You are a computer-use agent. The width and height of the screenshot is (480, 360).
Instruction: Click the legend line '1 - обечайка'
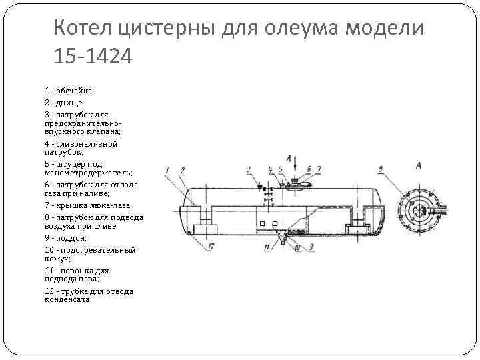click(69, 90)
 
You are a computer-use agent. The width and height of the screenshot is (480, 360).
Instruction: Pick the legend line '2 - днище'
click(64, 103)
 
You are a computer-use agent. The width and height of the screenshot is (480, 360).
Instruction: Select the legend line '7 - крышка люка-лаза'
click(88, 205)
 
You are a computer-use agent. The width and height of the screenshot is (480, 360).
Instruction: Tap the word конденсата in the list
click(67, 299)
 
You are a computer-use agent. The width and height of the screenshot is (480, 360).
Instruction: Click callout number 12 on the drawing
click(211, 247)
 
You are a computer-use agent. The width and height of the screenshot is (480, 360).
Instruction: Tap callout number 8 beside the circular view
click(380, 169)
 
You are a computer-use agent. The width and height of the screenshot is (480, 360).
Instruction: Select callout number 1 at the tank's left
click(167, 169)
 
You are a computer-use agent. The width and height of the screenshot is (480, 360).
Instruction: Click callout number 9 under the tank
click(311, 247)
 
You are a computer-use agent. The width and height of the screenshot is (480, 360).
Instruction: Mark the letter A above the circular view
click(418, 165)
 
